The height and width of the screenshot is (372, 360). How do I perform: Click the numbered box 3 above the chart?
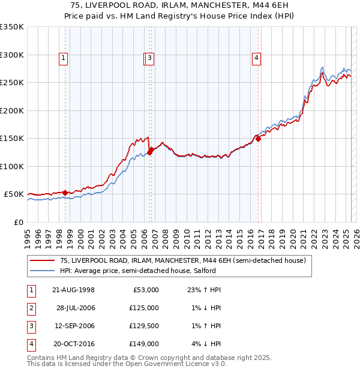(x=149, y=58)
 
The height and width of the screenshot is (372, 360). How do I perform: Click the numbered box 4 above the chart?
(x=256, y=58)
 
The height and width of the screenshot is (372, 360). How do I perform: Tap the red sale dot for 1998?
(x=65, y=193)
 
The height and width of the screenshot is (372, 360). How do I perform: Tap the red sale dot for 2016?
(x=259, y=139)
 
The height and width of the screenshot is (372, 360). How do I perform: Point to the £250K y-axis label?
(x=12, y=83)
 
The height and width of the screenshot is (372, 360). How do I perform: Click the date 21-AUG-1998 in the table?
(x=74, y=290)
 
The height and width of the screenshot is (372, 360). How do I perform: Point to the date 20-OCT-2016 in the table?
(x=74, y=344)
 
